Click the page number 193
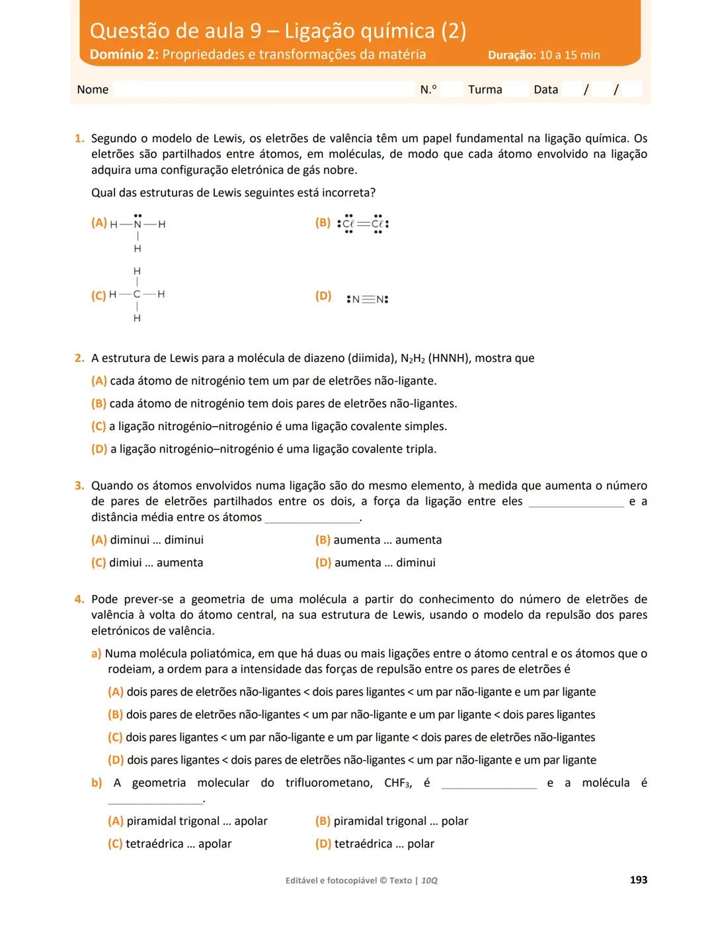click(638, 880)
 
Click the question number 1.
click(79, 139)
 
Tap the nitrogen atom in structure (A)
click(138, 225)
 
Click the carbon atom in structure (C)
click(137, 295)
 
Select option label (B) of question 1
click(323, 223)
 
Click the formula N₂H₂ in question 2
click(412, 359)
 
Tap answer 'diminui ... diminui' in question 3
click(157, 540)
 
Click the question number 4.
click(79, 600)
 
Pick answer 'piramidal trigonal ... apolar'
click(197, 821)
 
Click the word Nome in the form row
click(93, 90)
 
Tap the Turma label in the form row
click(485, 90)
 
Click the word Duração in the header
click(511, 55)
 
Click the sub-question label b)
click(97, 783)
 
